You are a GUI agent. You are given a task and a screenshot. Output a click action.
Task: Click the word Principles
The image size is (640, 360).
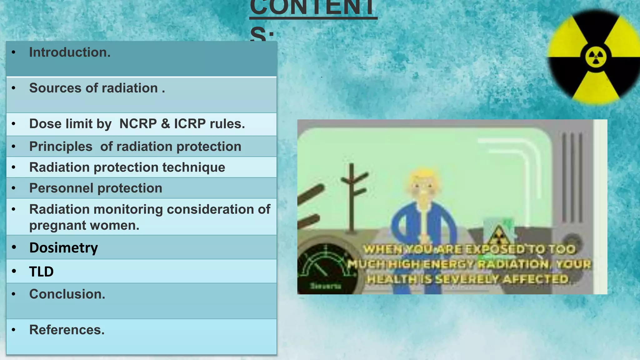pyautogui.click(x=61, y=147)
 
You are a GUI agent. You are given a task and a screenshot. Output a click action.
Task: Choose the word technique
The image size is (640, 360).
pyautogui.click(x=193, y=167)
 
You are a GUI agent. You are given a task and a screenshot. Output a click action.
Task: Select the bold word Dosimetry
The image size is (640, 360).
pyautogui.click(x=63, y=248)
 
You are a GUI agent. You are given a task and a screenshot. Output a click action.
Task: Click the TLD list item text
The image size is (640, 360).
pyautogui.click(x=41, y=272)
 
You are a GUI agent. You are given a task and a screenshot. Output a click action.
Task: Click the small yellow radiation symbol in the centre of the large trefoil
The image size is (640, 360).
pyautogui.click(x=596, y=57)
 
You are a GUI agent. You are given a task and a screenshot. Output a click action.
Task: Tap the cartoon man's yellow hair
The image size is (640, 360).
pyautogui.click(x=423, y=175)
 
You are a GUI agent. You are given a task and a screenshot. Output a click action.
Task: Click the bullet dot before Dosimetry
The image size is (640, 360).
pyautogui.click(x=14, y=247)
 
